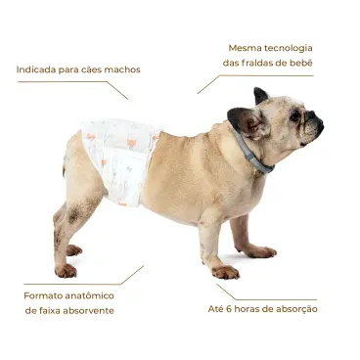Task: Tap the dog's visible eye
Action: (x=294, y=115)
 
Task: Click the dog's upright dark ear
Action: (x=260, y=96)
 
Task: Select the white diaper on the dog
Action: (x=119, y=157)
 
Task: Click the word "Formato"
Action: (x=45, y=294)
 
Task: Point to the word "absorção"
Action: (x=294, y=309)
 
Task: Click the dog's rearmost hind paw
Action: (x=66, y=270)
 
